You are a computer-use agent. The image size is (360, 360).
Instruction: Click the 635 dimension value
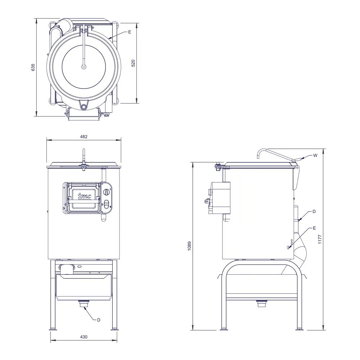(33, 67)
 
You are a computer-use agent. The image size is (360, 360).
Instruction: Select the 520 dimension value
(133, 63)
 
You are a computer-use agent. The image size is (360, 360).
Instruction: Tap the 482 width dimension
(84, 136)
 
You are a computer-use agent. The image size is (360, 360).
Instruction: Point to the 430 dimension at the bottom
(84, 337)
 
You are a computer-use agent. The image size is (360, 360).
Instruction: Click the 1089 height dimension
(189, 246)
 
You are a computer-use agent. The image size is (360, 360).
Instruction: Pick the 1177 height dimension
(320, 239)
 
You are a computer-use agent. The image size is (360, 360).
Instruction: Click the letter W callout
(315, 156)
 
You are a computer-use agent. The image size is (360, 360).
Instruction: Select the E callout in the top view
(130, 32)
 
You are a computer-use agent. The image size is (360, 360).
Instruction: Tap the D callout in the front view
(99, 320)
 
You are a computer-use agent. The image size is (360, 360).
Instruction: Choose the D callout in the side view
(314, 211)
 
